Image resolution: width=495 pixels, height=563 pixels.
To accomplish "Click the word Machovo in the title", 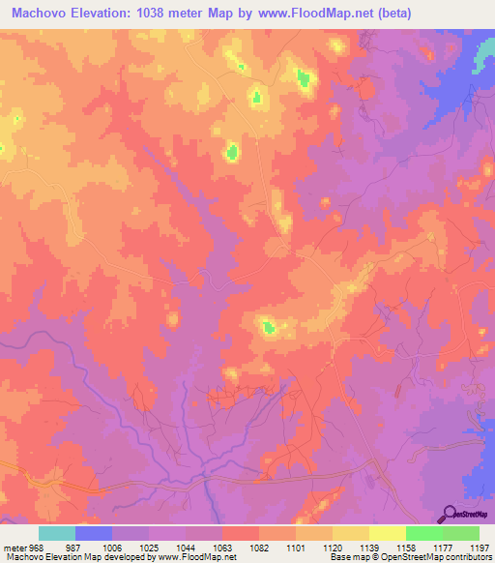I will (x=43, y=14).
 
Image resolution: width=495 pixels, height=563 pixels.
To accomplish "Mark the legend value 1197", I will (x=478, y=547).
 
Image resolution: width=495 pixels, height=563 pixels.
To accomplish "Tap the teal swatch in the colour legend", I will (x=57, y=533).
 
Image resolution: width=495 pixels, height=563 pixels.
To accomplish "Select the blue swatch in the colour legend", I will (x=94, y=533).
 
